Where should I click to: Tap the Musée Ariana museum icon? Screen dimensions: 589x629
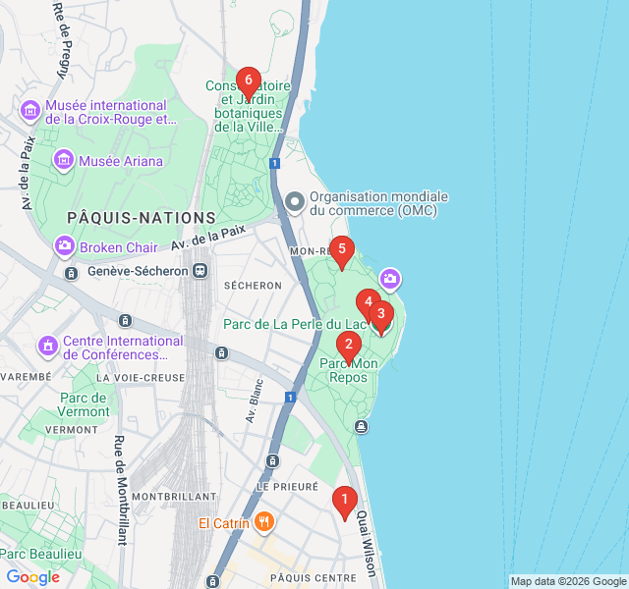(64, 159)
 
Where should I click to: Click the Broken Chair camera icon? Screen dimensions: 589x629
(64, 245)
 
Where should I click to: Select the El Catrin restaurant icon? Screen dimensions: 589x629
(263, 522)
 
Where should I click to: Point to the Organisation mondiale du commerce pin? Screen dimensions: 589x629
(294, 203)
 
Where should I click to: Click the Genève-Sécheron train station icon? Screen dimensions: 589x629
(200, 270)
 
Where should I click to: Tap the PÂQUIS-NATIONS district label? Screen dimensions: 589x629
(142, 217)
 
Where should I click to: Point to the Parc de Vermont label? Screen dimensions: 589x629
(84, 404)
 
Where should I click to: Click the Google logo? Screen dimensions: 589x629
(33, 577)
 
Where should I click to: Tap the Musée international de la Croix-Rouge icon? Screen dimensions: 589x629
(30, 111)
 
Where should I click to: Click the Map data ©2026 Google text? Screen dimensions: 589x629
(567, 581)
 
